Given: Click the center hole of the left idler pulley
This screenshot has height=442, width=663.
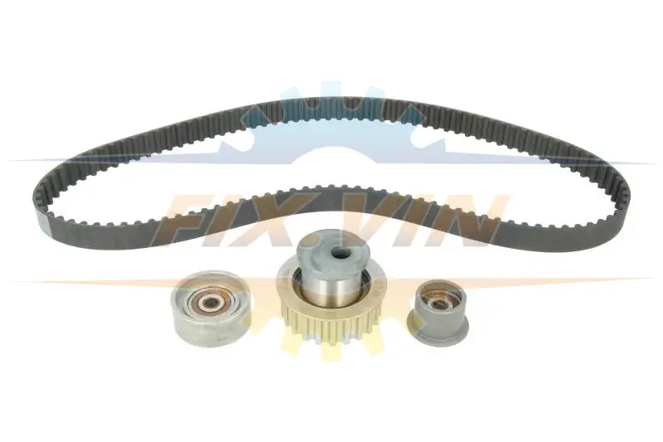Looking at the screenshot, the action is pyautogui.click(x=209, y=302).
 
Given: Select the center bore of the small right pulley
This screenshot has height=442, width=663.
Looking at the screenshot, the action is pyautogui.click(x=438, y=303).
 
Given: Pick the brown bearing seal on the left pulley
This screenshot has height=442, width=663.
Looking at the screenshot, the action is pyautogui.click(x=209, y=302).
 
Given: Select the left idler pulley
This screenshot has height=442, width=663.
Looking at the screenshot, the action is pyautogui.click(x=211, y=307).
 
